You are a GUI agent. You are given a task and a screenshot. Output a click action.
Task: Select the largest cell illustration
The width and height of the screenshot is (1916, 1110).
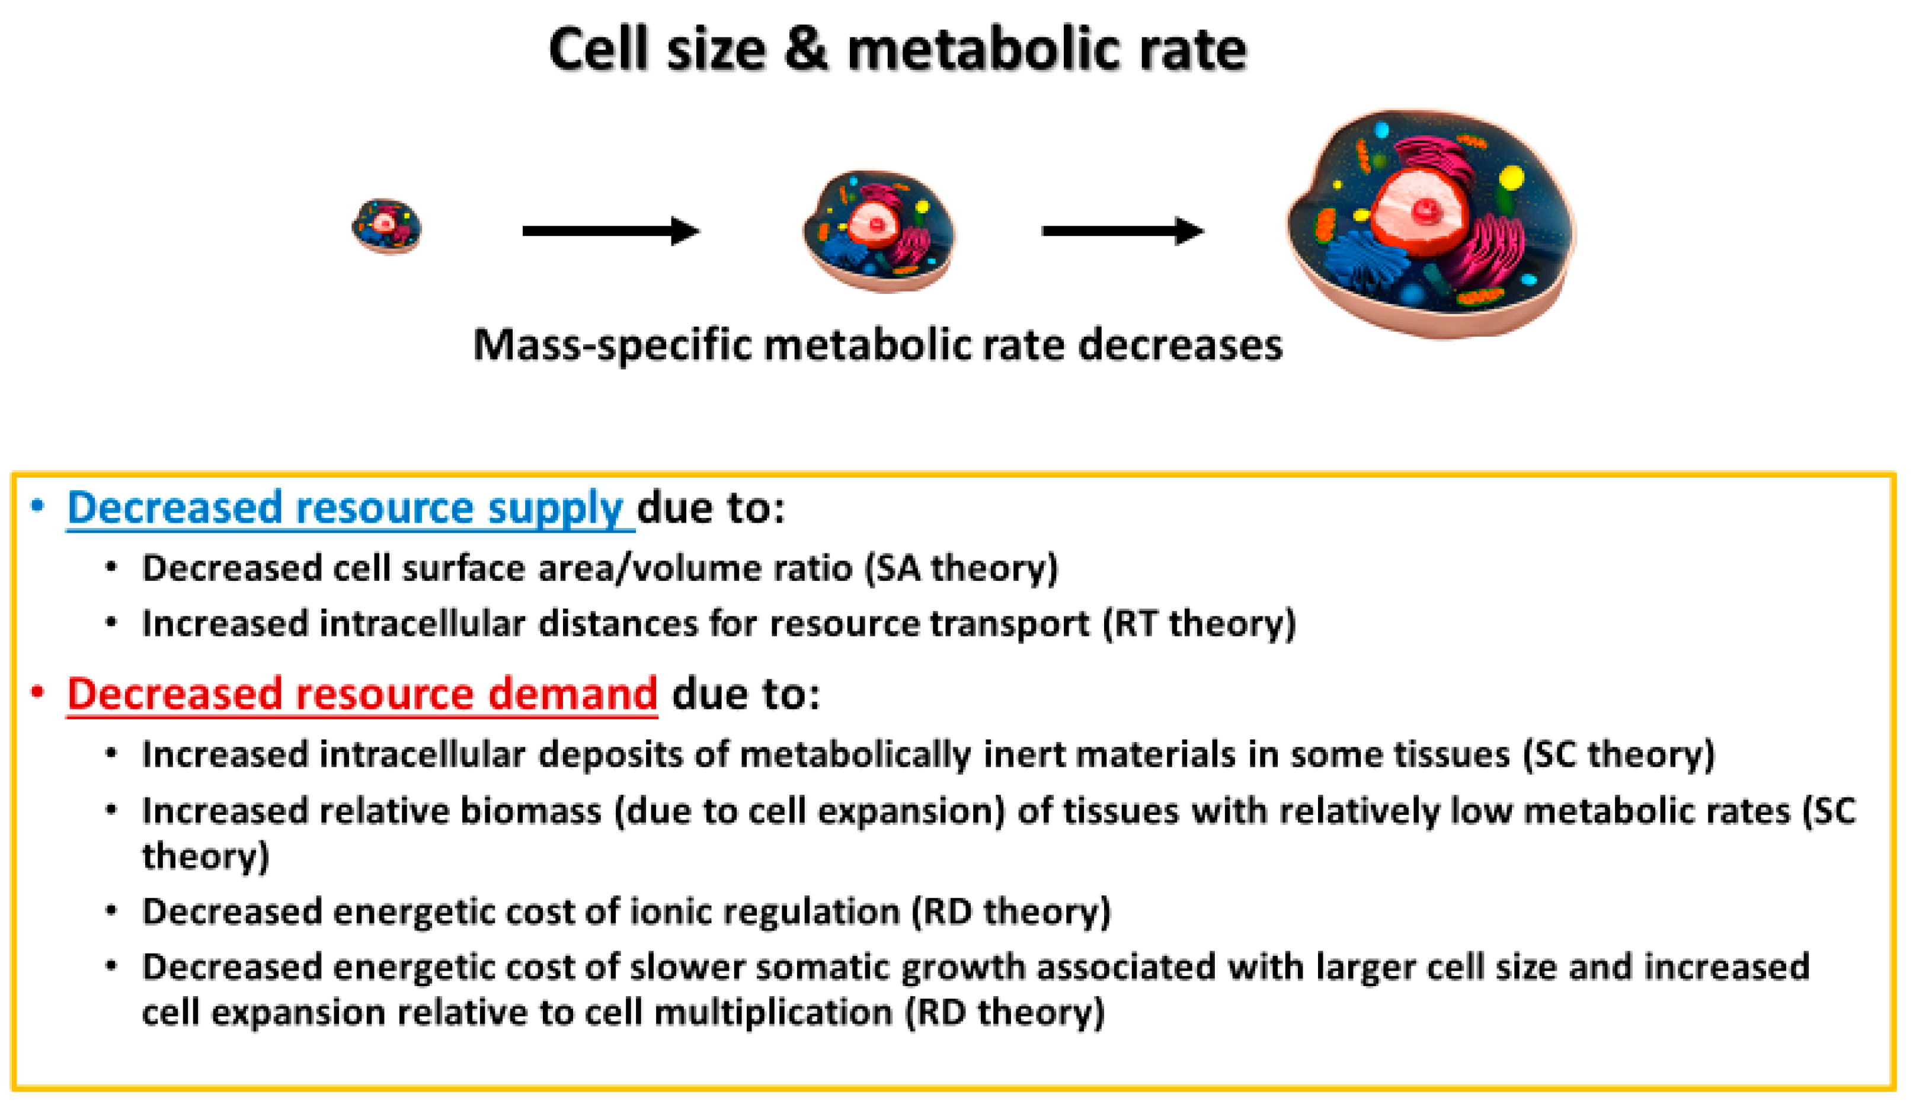coord(1429,224)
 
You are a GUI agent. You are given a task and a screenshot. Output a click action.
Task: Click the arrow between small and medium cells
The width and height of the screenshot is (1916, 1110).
coord(610,231)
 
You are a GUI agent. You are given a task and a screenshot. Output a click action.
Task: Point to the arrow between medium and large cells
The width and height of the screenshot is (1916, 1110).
coord(1122,231)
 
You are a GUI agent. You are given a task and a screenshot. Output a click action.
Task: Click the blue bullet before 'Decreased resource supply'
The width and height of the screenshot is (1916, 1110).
coord(37,506)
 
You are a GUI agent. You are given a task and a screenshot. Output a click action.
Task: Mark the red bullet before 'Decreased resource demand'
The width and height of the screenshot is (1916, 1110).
coord(37,692)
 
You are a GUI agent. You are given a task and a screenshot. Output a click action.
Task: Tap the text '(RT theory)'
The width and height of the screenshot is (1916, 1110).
coord(1199,624)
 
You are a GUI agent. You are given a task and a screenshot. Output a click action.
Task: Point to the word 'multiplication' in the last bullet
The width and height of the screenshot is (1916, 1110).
coord(772,1013)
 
